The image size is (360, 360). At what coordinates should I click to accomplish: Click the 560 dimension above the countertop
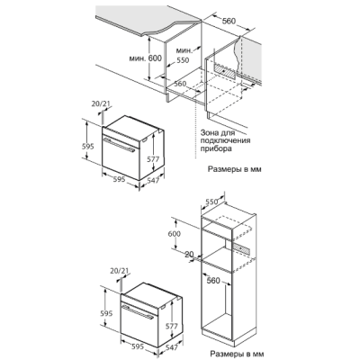[x=229, y=21]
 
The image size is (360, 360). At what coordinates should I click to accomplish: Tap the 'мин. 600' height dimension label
[x=146, y=58]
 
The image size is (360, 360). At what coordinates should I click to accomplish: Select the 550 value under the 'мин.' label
[x=183, y=60]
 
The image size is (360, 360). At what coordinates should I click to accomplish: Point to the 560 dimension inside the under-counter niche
[x=180, y=84]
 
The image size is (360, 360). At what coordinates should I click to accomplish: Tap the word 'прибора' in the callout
[x=216, y=148]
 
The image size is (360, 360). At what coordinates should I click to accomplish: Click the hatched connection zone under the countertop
[x=225, y=70]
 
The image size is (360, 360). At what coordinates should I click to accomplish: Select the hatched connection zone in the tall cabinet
[x=241, y=248]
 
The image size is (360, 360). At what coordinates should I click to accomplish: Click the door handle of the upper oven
[x=119, y=145]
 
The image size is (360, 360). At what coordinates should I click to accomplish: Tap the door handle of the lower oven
[x=138, y=312]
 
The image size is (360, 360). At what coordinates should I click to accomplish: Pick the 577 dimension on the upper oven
[x=153, y=159]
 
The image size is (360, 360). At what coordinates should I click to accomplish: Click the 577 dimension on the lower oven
[x=172, y=326]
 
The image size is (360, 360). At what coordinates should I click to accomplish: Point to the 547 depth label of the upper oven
[x=153, y=181]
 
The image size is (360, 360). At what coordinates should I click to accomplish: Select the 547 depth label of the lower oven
[x=172, y=347]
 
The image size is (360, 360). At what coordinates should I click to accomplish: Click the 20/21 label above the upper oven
[x=101, y=103]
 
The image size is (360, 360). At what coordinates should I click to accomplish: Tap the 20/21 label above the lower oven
[x=120, y=271]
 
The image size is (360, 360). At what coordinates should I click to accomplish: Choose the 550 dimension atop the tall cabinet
[x=211, y=202]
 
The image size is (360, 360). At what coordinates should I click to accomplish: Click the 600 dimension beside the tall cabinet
[x=174, y=234]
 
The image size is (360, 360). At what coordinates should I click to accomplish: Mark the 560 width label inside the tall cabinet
[x=213, y=281]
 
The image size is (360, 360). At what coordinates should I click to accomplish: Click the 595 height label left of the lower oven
[x=106, y=313]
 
